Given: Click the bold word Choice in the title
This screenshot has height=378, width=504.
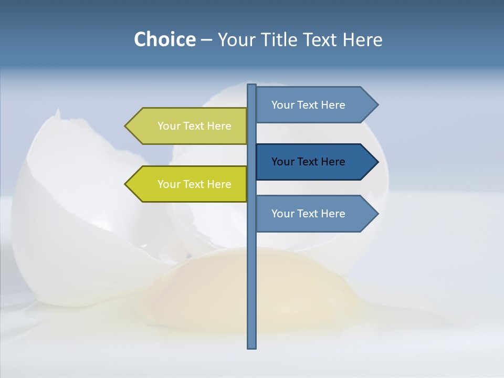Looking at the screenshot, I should pyautogui.click(x=164, y=40).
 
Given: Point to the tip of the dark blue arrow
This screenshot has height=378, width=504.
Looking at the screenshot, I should pyautogui.click(x=377, y=162).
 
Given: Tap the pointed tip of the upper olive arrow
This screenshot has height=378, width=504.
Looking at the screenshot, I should pyautogui.click(x=126, y=126).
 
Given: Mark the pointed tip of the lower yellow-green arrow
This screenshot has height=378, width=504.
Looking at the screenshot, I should pyautogui.click(x=126, y=184).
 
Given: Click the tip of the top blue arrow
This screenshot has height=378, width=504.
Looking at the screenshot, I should pyautogui.click(x=377, y=105).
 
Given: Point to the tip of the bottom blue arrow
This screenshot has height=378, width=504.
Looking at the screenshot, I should pyautogui.click(x=377, y=214).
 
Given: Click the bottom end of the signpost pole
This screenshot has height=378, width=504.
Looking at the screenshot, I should pyautogui.click(x=251, y=346).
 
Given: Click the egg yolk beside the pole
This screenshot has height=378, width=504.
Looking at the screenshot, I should pyautogui.click(x=210, y=289).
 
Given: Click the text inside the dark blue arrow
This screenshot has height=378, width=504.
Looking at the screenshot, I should pyautogui.click(x=308, y=162).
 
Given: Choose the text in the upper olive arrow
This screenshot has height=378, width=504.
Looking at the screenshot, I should pyautogui.click(x=194, y=126).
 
